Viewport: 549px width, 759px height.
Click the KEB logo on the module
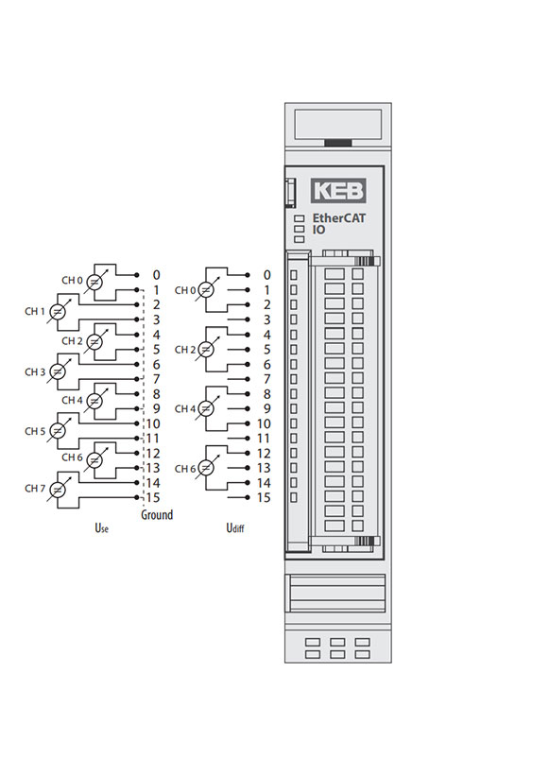tap(338, 191)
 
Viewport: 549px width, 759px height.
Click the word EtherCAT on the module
tap(338, 218)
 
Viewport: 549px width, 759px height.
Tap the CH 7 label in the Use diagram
tap(34, 489)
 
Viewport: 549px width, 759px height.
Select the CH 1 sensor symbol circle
tap(57, 312)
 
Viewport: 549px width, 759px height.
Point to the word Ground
tap(157, 514)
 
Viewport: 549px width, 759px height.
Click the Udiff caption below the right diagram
tap(235, 528)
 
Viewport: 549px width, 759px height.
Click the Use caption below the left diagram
tap(101, 528)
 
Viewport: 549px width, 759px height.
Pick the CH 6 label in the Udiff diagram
tap(185, 469)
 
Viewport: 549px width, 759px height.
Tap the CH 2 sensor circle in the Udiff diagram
tap(206, 350)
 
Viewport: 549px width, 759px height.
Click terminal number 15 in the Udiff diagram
tap(264, 497)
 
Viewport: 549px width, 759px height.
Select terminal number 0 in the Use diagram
tap(156, 275)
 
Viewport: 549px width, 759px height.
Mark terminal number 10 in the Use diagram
tap(153, 424)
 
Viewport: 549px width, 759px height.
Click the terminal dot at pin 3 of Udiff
tap(248, 319)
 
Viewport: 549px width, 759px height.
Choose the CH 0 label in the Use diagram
tap(72, 281)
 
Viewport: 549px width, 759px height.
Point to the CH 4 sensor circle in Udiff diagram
tap(206, 409)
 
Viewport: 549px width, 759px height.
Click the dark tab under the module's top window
tap(338, 143)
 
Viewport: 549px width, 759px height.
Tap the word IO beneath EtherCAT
tap(318, 230)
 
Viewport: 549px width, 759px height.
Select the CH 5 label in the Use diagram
tap(34, 431)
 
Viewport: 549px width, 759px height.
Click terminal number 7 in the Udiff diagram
tap(267, 379)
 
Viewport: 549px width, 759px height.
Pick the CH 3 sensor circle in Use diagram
tap(57, 371)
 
